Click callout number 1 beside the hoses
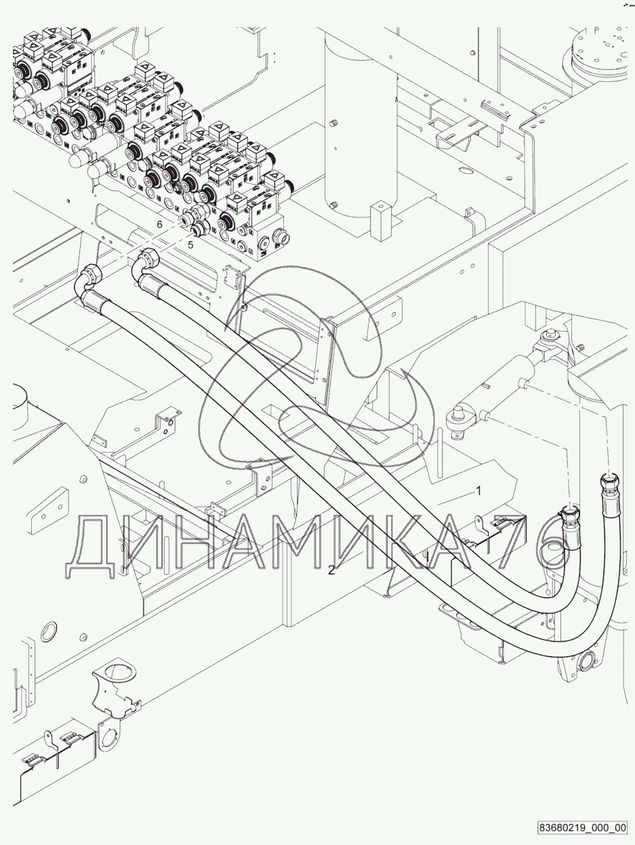click(x=478, y=491)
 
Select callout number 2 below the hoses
click(x=331, y=570)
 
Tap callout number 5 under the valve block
click(x=190, y=244)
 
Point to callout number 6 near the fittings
click(x=159, y=224)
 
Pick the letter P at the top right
click(x=596, y=30)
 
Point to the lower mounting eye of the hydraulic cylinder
click(x=459, y=420)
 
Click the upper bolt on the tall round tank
click(x=333, y=123)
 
